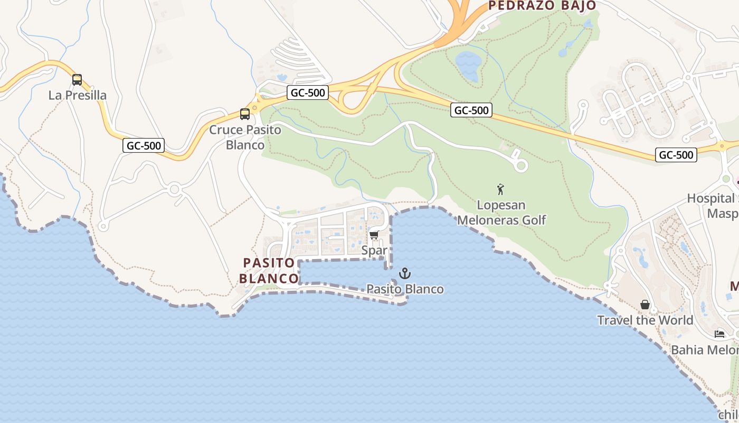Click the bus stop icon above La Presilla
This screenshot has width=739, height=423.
77,80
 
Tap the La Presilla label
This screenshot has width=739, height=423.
78,95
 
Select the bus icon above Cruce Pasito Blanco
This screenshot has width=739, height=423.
244,114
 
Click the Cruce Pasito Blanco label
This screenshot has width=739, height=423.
245,137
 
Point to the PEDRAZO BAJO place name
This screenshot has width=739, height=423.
542,6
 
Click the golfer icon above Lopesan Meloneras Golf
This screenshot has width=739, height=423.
500,189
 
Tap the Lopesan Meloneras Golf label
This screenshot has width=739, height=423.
501,212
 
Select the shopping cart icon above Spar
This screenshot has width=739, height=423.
374,235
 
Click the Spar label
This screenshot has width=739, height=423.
374,250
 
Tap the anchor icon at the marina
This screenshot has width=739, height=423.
405,273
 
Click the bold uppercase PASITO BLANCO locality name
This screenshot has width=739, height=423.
269,270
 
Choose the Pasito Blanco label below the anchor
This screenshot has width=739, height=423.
405,289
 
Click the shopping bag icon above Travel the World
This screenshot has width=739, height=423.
645,305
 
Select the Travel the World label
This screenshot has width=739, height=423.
645,320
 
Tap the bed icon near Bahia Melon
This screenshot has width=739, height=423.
719,334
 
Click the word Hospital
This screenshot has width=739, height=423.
710,198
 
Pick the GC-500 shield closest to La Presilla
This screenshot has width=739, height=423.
144,145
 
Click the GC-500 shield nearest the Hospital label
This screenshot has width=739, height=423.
676,155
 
